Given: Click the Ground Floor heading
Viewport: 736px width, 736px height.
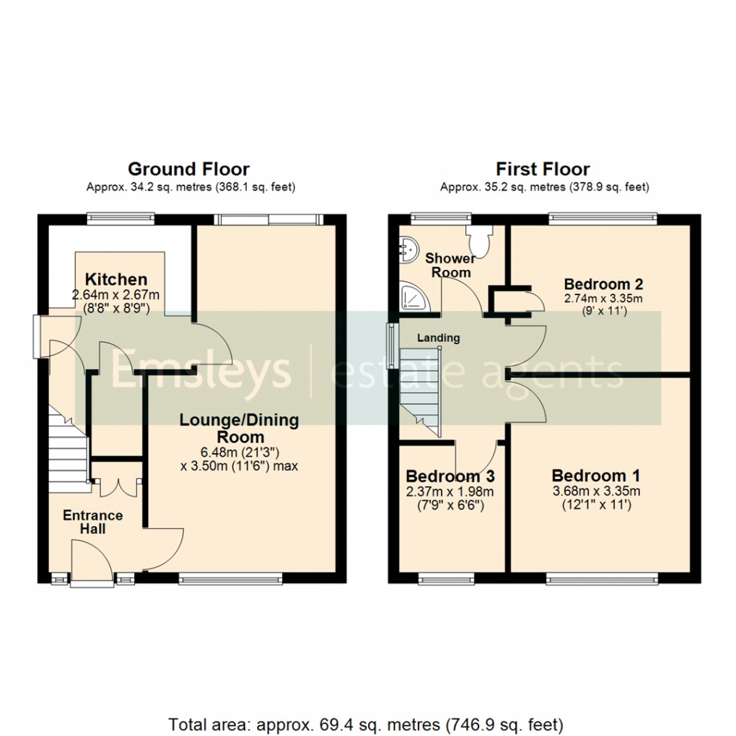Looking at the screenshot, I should [188, 170].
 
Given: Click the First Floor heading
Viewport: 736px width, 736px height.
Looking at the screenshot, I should [543, 170].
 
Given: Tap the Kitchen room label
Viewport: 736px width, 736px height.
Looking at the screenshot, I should [116, 279].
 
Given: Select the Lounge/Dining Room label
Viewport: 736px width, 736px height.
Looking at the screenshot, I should [239, 428].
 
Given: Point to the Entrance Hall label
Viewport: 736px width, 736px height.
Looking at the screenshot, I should [92, 522].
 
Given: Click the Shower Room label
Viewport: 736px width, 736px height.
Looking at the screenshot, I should [450, 265].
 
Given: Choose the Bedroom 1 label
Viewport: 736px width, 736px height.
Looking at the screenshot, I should [595, 476].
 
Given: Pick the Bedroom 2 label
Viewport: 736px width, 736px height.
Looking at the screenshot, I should [603, 283].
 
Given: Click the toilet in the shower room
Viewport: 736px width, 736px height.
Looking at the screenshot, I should [478, 235].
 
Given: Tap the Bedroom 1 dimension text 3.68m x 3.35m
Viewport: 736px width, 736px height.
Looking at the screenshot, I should [595, 492].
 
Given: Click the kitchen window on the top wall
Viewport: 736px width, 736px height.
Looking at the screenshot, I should [121, 216].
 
